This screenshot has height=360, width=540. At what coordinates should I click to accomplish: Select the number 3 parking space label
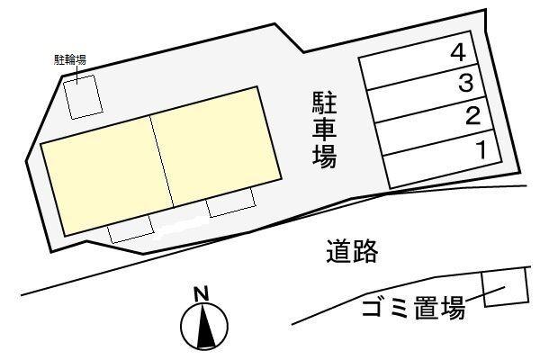pos(465,84)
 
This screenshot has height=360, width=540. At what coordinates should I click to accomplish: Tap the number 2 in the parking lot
pos(472,116)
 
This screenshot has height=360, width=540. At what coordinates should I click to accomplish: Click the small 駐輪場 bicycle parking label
pos(70,60)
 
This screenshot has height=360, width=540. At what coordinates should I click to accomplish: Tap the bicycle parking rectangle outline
pos(84,97)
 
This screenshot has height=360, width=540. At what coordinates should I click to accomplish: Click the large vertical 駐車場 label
pos(324,130)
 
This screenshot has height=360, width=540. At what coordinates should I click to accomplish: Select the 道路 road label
pos(352,251)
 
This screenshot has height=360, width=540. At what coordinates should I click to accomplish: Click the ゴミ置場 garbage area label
pos(414,307)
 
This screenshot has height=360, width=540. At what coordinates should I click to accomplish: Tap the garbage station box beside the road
pos(505,287)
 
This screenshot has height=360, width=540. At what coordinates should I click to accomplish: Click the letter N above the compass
pos(202,294)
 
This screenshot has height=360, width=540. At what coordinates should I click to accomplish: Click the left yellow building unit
pos(107,175)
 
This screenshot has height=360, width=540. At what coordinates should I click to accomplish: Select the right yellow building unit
pos(216,147)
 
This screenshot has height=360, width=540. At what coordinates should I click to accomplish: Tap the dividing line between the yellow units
pos(162,162)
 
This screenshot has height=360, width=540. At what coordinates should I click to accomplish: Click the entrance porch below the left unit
pos(130,229)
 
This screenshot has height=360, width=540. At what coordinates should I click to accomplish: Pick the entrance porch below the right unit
pos(231,202)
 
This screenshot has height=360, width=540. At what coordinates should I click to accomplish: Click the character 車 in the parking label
pos(324,130)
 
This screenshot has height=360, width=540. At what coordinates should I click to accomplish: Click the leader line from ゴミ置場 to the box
pos(485,293)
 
